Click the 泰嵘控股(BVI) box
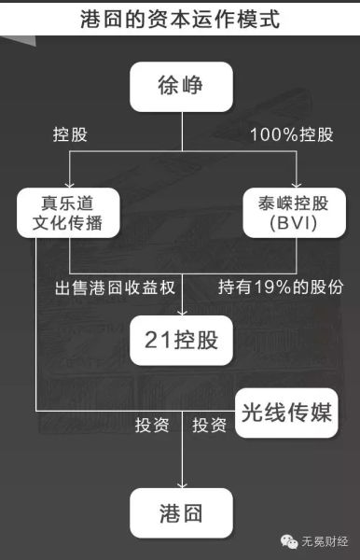pos(295,213)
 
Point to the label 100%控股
pos(292,134)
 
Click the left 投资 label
pos(151,426)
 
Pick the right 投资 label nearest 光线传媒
pos(209,426)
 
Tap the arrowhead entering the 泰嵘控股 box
pos(296,183)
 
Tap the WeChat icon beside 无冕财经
pos(284,539)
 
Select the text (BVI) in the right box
pos(295,225)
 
